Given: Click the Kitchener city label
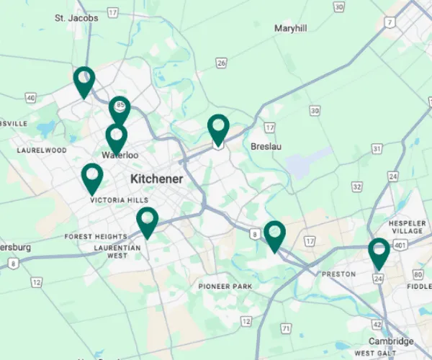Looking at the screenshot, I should point(156,178).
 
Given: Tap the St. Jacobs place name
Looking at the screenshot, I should point(76,18).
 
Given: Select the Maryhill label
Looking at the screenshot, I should point(290,28).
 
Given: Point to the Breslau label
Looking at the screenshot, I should point(266,146).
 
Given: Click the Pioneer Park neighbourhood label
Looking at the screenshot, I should point(225,287).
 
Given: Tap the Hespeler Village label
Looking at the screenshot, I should point(407,228).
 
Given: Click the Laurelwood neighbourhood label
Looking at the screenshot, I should point(42,150).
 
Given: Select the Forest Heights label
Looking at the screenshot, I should point(95,237).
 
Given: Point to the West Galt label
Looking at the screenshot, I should point(374,353).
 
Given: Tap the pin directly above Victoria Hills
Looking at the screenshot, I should point(92,177).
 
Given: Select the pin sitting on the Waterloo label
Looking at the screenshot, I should point(116,138).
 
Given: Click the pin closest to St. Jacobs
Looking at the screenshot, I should point(84,81).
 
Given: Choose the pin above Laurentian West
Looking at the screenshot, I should point(147,221).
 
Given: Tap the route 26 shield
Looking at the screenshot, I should point(221,63).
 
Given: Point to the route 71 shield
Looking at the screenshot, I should point(286,328).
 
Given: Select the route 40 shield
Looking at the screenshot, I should point(30,97).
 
